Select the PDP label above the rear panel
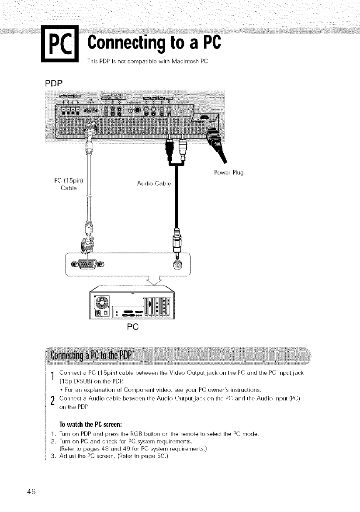53,82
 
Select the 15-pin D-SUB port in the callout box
87,264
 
